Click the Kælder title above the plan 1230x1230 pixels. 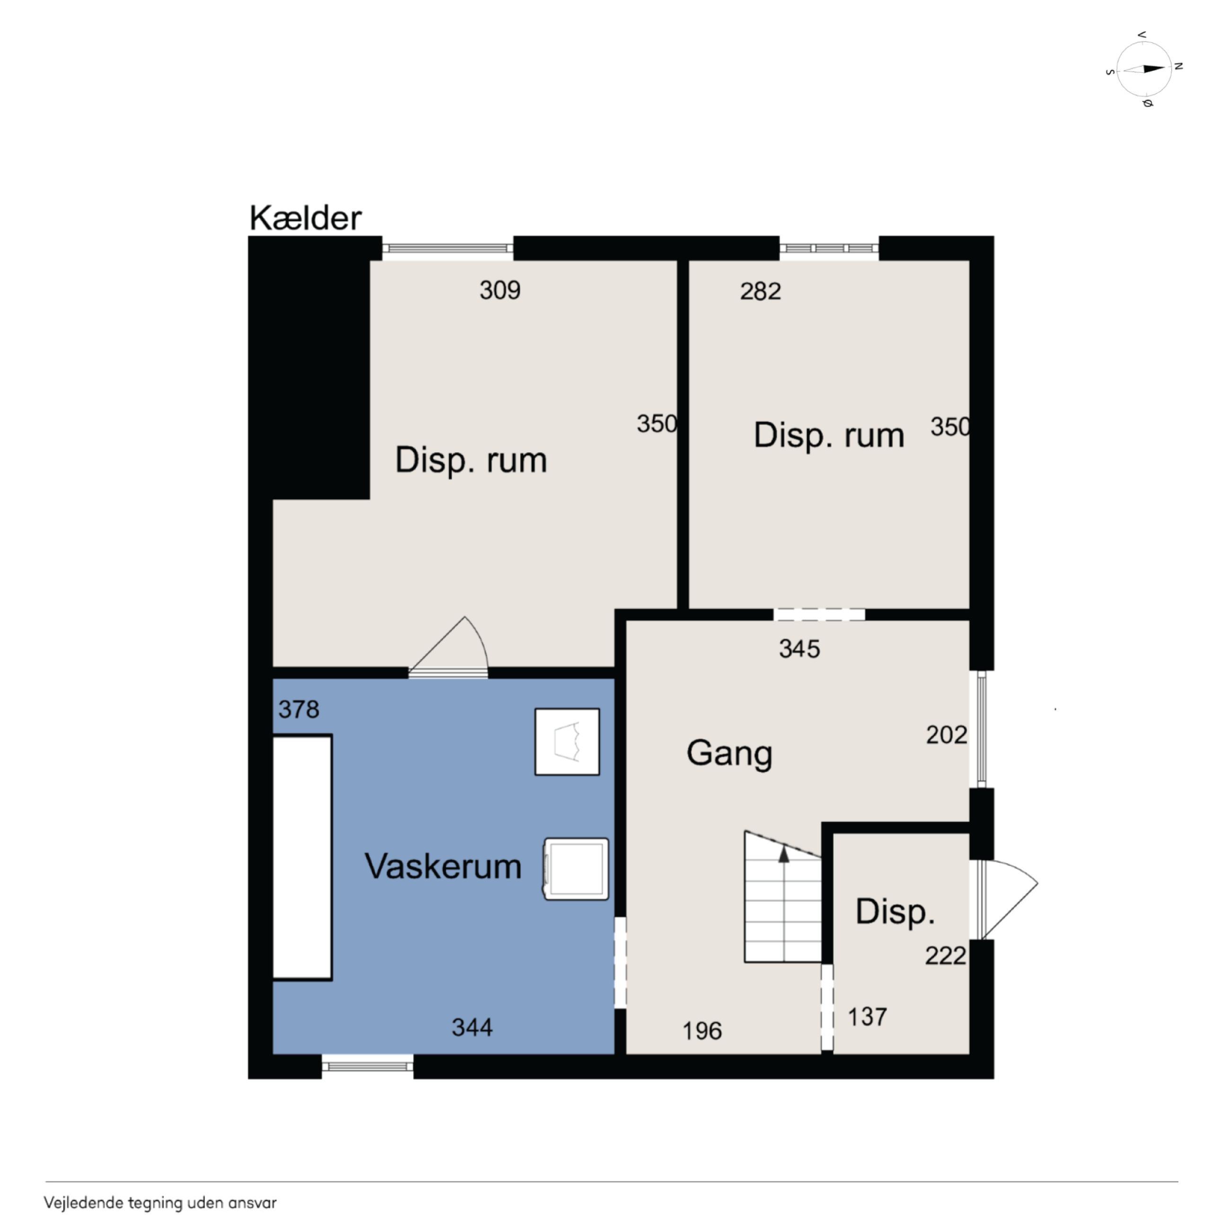coord(306,219)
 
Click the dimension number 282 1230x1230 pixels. coord(760,291)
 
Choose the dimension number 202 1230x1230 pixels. coord(947,735)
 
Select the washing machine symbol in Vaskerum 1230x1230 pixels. coord(576,869)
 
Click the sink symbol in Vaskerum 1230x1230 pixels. coord(567,742)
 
